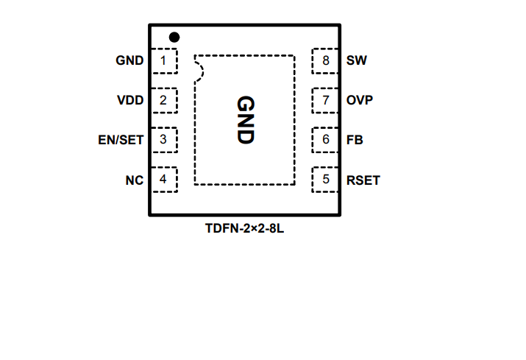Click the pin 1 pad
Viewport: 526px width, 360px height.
163,60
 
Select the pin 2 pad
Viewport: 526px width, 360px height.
163,100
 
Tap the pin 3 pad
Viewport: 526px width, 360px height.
163,139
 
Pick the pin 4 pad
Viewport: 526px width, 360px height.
163,179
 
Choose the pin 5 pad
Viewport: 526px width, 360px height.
326,179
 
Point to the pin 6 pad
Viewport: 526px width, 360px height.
326,139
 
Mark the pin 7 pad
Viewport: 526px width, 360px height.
326,100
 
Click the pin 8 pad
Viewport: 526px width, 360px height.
326,60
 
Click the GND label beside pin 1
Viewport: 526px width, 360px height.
129,60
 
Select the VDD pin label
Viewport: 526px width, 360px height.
130,100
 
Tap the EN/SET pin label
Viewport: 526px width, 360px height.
121,139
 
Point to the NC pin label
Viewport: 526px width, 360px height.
134,179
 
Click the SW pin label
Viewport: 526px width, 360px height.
356,60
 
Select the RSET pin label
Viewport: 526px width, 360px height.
363,179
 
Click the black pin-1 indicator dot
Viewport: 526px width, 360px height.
174,37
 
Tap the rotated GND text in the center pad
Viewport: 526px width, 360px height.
245,119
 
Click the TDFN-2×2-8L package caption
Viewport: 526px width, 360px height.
244,229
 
